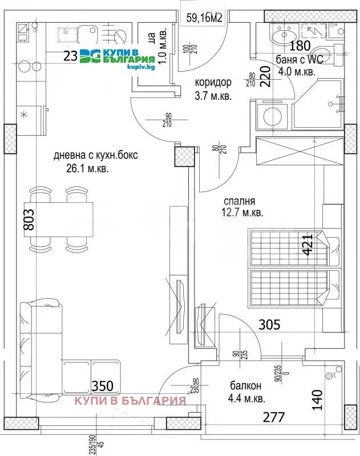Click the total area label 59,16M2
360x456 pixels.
coord(204,18)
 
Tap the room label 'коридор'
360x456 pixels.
coord(213,82)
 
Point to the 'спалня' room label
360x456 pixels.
coord(238,201)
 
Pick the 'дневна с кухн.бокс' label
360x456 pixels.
coord(95,155)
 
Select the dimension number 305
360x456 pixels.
coord(269,325)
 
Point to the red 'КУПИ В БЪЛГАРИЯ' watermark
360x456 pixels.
coord(131,400)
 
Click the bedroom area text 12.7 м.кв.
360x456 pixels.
coord(242,213)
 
